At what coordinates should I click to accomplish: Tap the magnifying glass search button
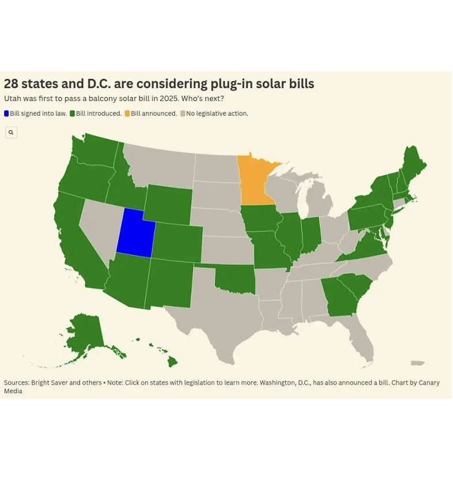pos(11,133)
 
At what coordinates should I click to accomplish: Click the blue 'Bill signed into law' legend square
pos(6,114)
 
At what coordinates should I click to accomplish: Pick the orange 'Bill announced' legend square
pos(127,114)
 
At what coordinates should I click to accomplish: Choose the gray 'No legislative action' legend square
pos(183,114)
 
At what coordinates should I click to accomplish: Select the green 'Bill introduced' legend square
pos(73,114)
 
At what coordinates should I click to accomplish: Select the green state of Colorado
pos(178,243)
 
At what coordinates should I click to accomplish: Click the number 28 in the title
pos(11,84)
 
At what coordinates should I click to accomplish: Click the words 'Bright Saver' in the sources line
pos(49,383)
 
